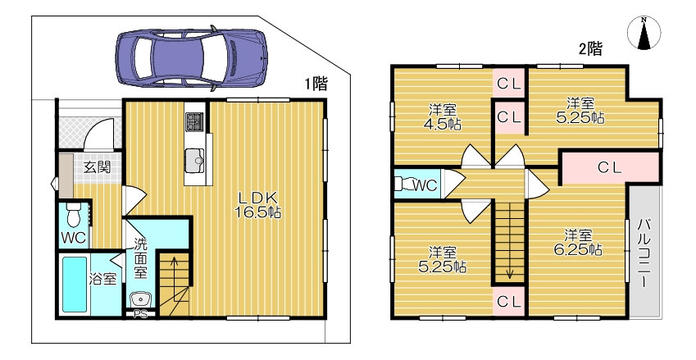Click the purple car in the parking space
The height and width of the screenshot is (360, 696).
[x=191, y=57]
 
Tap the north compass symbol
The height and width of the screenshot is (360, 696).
[x=644, y=33]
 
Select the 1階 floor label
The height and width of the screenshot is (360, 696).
[x=316, y=84]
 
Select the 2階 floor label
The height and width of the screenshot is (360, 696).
[x=590, y=48]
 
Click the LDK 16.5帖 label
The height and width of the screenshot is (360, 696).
[x=258, y=205]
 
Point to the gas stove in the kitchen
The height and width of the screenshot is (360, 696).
[x=194, y=121]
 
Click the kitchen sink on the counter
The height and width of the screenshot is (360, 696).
[x=194, y=160]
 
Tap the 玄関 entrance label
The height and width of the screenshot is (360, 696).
[x=97, y=168]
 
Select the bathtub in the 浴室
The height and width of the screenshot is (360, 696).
[x=74, y=285]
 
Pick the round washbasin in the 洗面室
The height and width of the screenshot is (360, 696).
[x=141, y=299]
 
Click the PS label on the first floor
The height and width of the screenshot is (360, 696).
[x=140, y=314]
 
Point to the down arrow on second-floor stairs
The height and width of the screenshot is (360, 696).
[x=509, y=240]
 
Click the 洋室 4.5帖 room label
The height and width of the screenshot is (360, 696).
[x=444, y=116]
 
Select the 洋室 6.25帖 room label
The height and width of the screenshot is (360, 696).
[x=577, y=242]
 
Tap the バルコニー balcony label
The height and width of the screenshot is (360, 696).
[x=644, y=253]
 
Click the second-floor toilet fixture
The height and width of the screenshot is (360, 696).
[x=403, y=184]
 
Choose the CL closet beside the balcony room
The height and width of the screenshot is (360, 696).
[x=610, y=167]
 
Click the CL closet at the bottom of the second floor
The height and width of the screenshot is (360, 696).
[x=509, y=302]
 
